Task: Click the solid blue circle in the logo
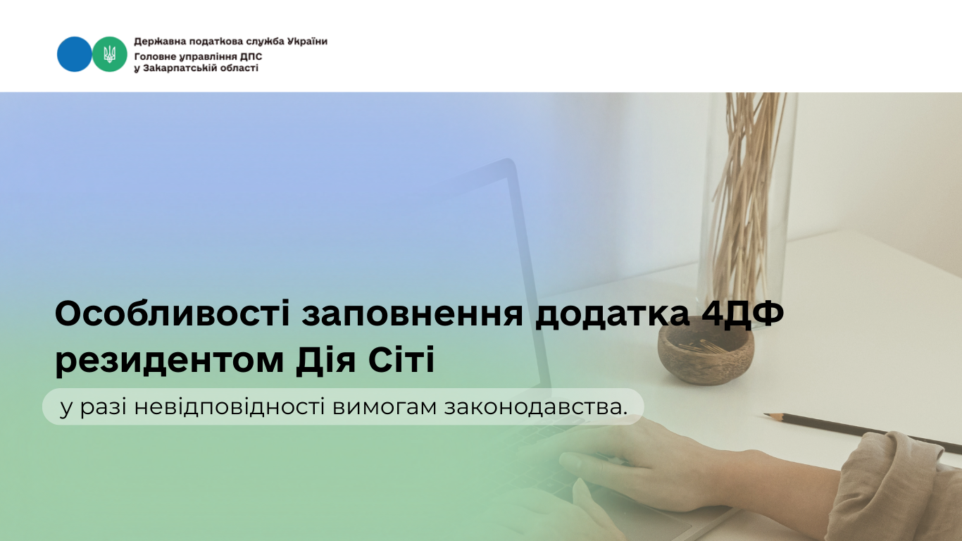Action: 74,54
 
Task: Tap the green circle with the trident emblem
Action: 110,54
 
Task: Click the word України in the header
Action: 307,42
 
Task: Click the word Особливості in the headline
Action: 173,314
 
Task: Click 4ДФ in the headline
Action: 742,314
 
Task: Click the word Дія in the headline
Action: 325,359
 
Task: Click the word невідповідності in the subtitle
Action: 230,406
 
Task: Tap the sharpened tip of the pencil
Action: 766,415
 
